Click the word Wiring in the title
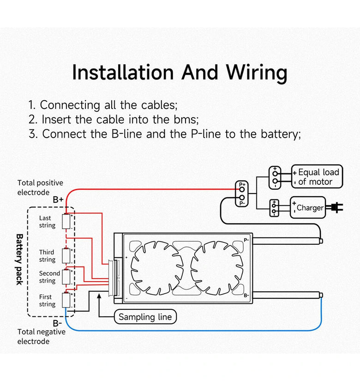(x=256, y=73)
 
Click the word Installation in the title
(x=123, y=73)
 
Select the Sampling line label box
(x=145, y=317)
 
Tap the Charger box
(x=308, y=207)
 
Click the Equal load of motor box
(x=317, y=177)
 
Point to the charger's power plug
(x=336, y=208)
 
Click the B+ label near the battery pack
(x=58, y=200)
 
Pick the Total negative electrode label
(x=41, y=337)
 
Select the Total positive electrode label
(x=40, y=187)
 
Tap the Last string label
(x=47, y=222)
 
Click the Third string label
(x=47, y=256)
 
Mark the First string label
(x=47, y=301)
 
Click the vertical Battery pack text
(x=20, y=259)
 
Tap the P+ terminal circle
(x=241, y=190)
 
